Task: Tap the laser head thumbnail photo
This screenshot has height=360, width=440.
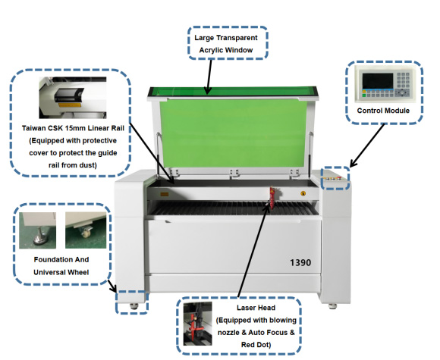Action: click(x=200, y=326)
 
